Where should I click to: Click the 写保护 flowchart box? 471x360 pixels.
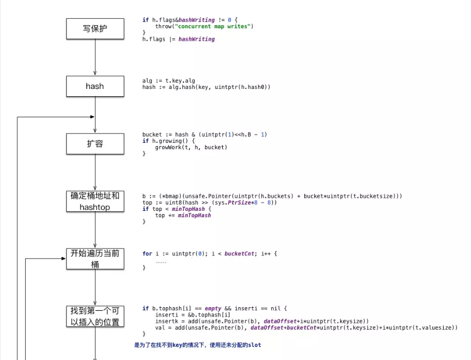95,29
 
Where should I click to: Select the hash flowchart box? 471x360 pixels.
95,86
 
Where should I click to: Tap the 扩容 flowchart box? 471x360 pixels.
95,144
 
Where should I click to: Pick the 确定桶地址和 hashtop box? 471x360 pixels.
95,201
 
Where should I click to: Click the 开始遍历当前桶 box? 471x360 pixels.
95,259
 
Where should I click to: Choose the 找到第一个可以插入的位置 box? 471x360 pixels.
95,317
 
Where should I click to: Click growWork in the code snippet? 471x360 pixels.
169,148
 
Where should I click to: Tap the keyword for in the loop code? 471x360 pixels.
147,254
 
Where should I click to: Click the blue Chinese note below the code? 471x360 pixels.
198,345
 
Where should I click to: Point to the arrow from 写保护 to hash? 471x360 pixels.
95,58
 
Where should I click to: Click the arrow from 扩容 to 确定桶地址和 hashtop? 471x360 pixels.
95,173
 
